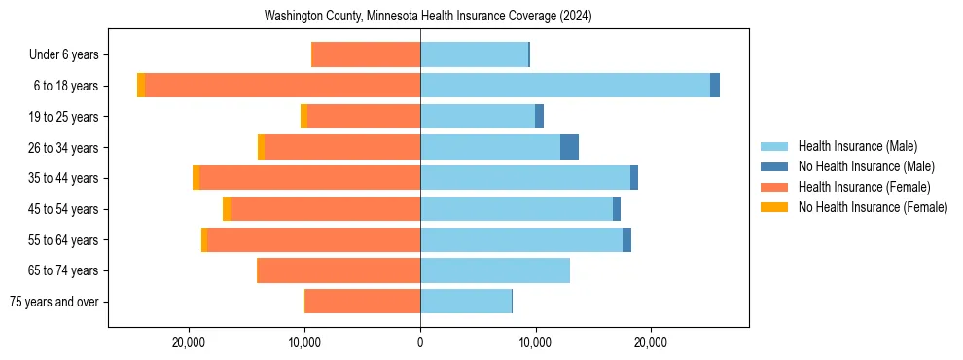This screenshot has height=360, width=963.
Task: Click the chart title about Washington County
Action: (428, 17)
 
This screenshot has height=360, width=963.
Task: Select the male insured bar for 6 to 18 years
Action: (564, 86)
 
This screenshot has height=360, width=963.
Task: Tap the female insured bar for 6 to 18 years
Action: (282, 86)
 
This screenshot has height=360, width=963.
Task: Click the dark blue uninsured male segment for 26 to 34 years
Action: (569, 147)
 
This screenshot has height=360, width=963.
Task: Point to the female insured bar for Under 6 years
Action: (366, 54)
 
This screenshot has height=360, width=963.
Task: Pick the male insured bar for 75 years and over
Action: (466, 302)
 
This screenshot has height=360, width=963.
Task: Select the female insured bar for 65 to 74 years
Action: (339, 270)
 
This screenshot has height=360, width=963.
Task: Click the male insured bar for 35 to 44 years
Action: (525, 178)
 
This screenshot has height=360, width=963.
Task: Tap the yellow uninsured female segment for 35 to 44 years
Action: (196, 178)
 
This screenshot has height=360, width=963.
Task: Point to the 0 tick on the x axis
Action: (420, 342)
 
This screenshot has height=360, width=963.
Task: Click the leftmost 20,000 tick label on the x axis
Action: (189, 342)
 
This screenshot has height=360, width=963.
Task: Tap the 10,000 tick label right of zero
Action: (535, 342)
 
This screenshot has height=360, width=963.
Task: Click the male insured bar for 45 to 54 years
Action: (517, 209)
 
